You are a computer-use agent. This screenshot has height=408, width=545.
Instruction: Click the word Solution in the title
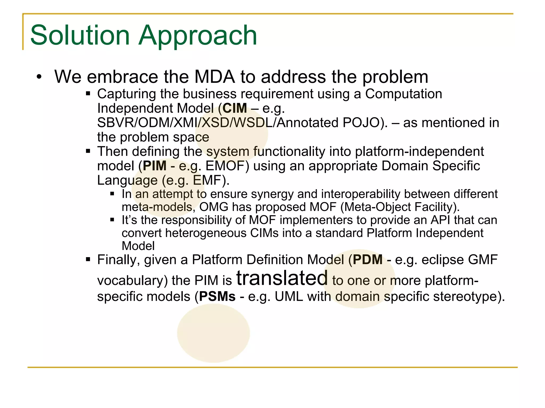(x=80, y=35)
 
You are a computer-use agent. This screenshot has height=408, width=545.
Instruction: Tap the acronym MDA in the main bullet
(x=214, y=77)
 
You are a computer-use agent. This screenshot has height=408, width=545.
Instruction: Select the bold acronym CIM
(x=235, y=108)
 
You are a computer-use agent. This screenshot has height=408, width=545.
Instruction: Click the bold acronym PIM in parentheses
(x=155, y=166)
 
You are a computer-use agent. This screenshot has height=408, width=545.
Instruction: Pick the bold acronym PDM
(x=368, y=260)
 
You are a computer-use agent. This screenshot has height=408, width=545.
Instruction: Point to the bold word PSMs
(x=217, y=296)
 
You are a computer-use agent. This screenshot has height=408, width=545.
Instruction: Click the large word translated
(x=282, y=278)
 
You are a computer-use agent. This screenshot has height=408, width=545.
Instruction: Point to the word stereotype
(x=464, y=296)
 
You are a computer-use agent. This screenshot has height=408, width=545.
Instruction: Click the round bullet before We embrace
(x=39, y=77)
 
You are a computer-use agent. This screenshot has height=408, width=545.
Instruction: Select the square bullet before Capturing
(x=88, y=93)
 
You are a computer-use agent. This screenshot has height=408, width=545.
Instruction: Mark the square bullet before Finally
(x=88, y=259)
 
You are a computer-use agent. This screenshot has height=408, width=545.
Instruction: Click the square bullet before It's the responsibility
(x=112, y=220)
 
